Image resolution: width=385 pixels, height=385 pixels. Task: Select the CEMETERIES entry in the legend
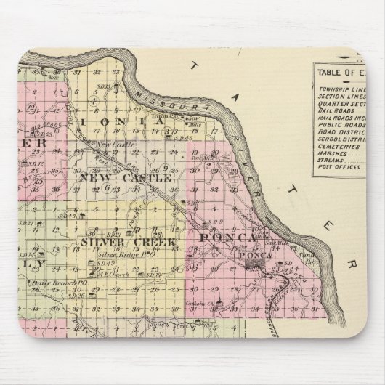(336, 146)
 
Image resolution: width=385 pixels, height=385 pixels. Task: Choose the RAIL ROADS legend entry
(336, 110)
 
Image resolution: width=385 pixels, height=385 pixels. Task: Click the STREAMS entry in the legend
(333, 161)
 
